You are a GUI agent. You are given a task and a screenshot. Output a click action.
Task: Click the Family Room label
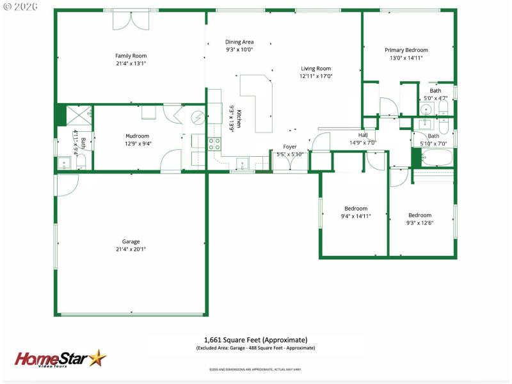point(131,56)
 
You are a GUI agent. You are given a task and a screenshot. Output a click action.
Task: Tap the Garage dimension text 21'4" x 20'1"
point(131,250)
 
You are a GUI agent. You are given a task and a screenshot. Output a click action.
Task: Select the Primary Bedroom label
point(406,50)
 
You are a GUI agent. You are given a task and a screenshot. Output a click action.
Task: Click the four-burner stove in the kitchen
point(214,143)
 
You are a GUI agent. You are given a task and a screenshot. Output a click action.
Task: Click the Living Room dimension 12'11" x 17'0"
point(316,76)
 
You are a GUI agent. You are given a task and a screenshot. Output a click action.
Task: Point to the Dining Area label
point(239,42)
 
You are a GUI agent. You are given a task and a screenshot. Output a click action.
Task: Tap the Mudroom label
point(137,136)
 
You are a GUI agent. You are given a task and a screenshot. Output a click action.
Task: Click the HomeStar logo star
point(97,357)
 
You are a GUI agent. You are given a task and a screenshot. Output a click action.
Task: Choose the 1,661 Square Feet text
point(255,339)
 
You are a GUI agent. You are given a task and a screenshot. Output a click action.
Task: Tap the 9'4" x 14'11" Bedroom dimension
point(356,216)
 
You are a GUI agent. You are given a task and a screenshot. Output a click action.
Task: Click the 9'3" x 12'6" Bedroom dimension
point(420,223)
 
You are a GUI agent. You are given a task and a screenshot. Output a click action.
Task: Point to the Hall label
point(363,135)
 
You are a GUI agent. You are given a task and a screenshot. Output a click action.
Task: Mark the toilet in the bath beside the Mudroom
point(81,162)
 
